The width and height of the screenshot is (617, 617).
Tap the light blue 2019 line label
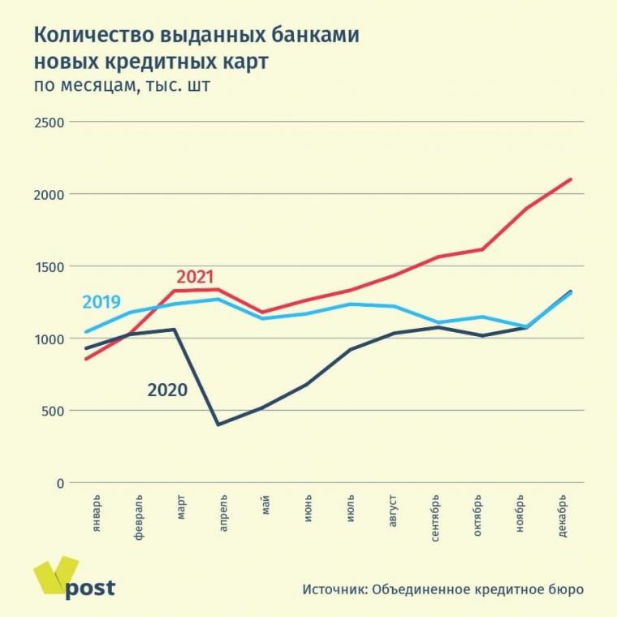[x=101, y=303]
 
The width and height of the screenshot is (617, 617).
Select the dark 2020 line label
[x=167, y=390]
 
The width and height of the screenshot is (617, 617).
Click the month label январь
[x=97, y=512]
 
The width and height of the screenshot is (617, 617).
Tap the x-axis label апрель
[x=222, y=511]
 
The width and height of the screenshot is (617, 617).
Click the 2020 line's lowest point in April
[x=218, y=425]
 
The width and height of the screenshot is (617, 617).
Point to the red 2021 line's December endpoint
[x=571, y=179]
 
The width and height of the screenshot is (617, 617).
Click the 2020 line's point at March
[x=175, y=330]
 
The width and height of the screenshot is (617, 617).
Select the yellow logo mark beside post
[x=55, y=576]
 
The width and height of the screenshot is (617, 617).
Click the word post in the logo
[x=89, y=588]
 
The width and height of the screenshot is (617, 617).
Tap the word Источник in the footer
[x=334, y=589]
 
